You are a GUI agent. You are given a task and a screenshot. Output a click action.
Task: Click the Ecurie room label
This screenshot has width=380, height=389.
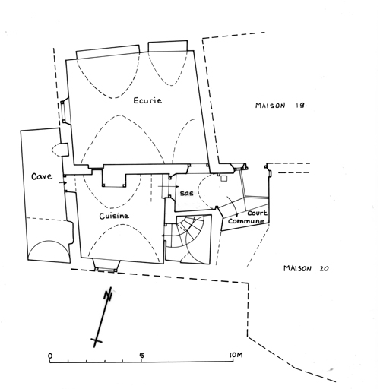click(147, 100)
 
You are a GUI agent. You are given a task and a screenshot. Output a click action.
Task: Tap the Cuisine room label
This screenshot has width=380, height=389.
click(114, 216)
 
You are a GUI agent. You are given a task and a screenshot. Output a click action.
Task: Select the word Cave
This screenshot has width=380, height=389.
click(42, 176)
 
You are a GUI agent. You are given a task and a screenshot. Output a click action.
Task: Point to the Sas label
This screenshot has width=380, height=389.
click(186, 193)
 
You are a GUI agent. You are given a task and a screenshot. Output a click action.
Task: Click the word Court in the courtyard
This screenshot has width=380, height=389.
click(257, 213)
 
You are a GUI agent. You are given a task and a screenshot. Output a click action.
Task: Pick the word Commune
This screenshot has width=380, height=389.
click(245, 221)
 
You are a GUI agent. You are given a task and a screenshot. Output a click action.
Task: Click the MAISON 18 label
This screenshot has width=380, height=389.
click(280, 106)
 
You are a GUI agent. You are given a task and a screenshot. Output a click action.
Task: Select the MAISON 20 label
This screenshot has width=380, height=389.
click(306, 268)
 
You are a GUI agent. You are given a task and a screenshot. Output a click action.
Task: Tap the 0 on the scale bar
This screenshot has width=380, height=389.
click(50, 356)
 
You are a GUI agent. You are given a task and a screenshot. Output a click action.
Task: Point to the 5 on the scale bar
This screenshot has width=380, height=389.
click(142, 356)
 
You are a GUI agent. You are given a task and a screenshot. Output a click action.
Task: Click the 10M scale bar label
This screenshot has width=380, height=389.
click(236, 355)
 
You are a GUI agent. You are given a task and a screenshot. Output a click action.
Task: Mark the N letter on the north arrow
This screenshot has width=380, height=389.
click(109, 294)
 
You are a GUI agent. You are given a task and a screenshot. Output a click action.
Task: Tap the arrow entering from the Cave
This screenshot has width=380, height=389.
click(62, 182)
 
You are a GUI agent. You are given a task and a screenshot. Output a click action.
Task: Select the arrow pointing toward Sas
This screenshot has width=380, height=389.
click(169, 187)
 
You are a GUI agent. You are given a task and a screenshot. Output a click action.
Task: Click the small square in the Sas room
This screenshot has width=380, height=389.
click(224, 179)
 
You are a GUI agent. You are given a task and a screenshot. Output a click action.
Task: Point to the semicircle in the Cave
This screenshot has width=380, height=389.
click(49, 242)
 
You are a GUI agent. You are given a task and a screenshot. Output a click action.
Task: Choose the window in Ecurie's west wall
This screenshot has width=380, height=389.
click(63, 112)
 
